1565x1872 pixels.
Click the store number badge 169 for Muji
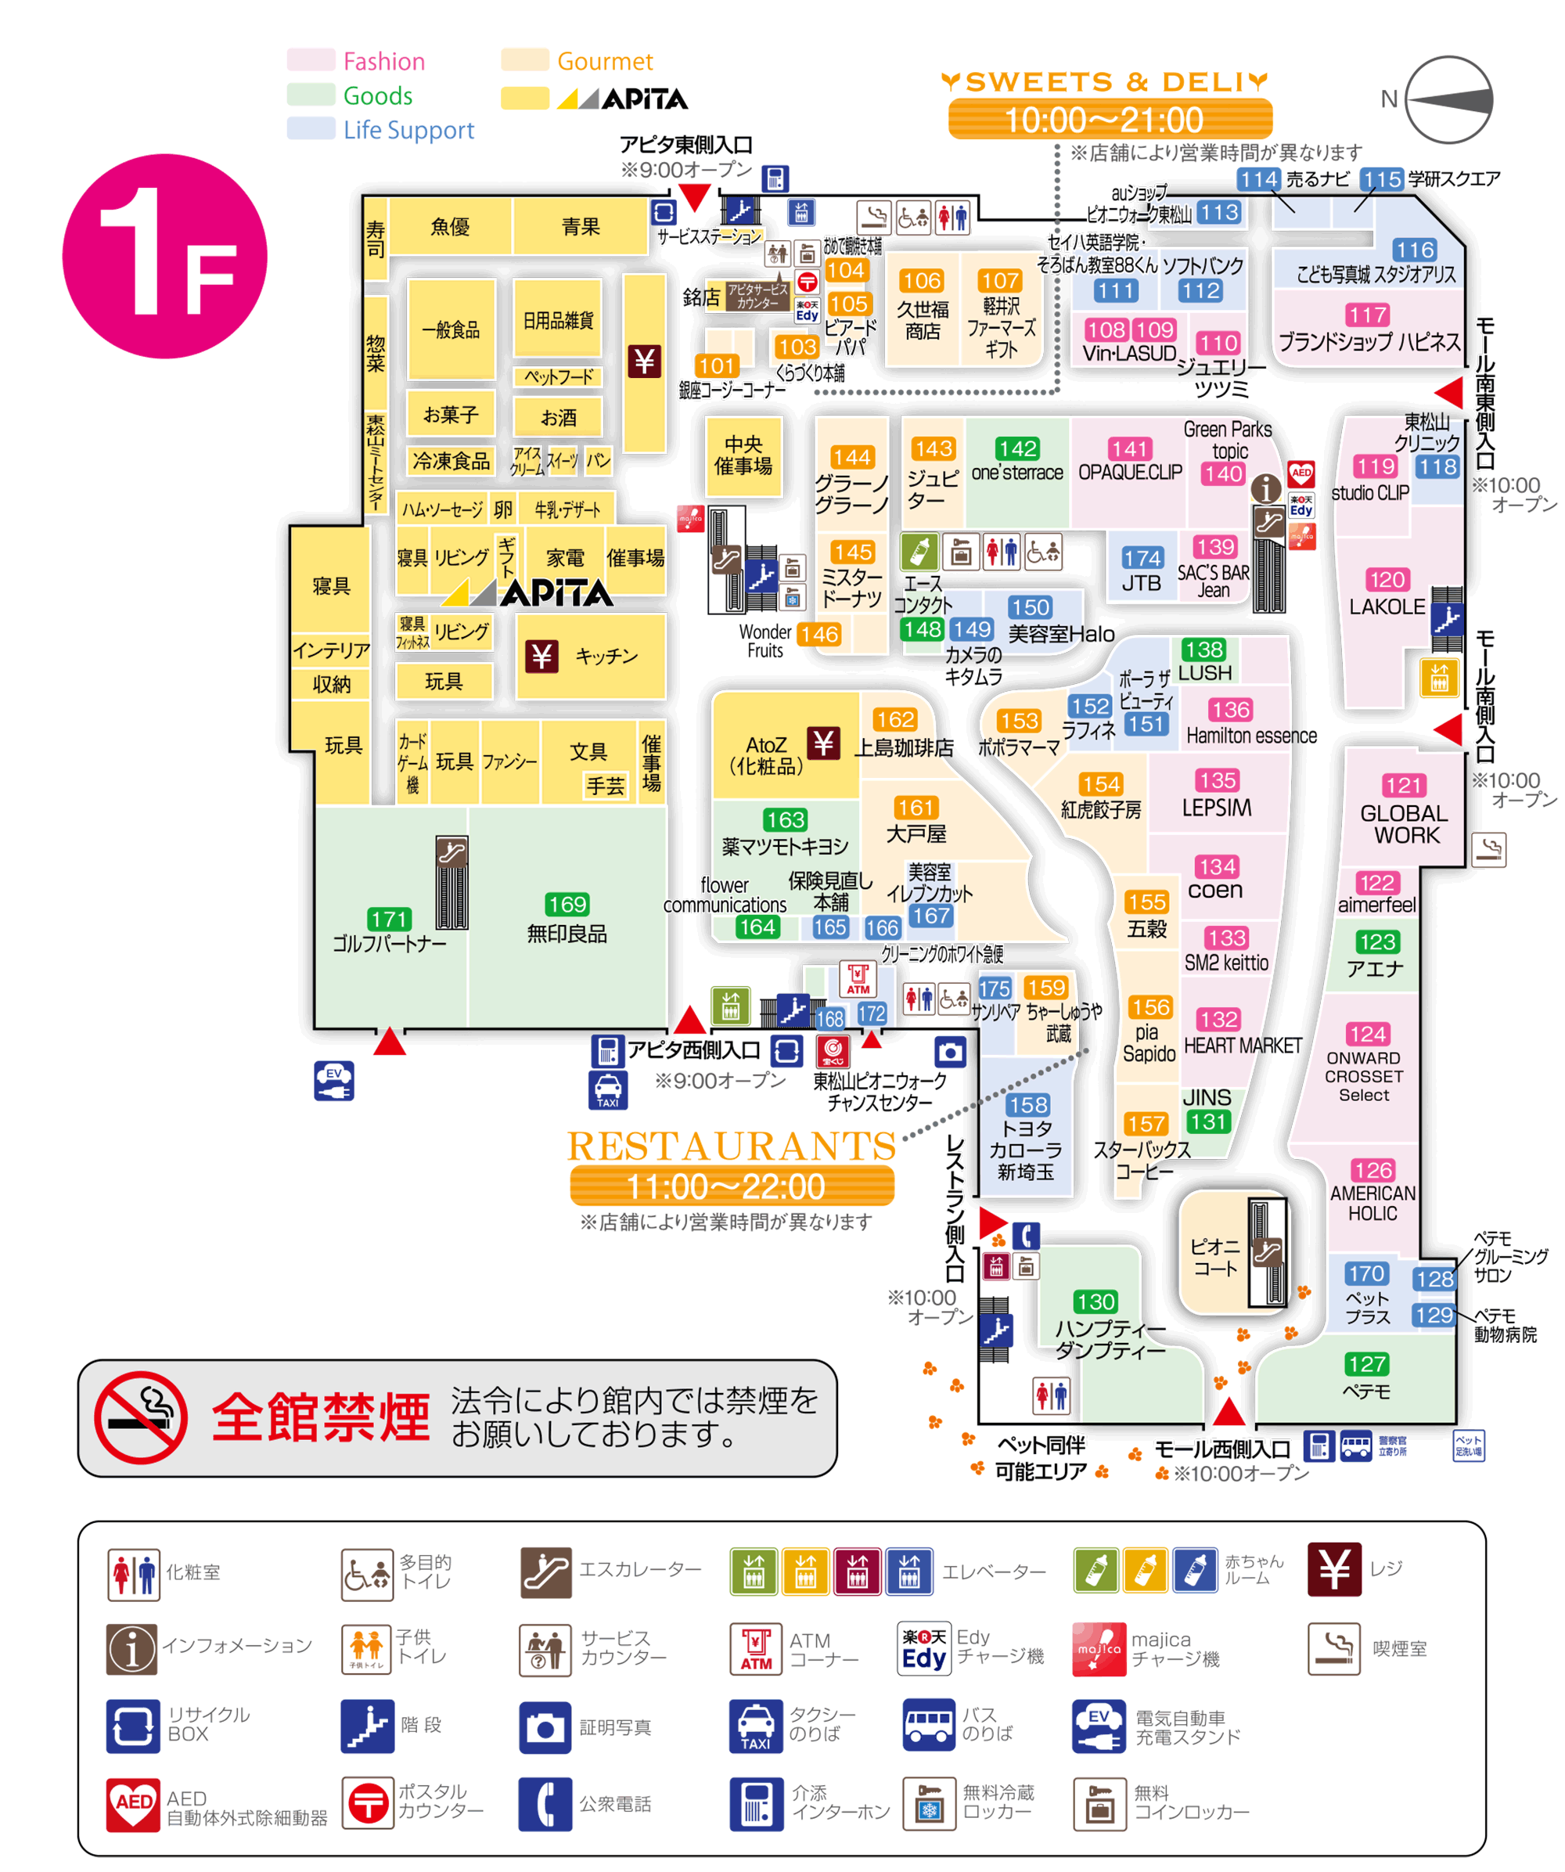[567, 904]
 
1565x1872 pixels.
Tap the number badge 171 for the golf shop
[389, 918]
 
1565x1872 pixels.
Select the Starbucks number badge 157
[1144, 1123]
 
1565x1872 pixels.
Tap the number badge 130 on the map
[1095, 1301]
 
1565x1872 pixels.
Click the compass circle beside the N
[1448, 99]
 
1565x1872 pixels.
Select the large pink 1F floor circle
[165, 257]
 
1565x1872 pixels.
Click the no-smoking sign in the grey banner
[141, 1417]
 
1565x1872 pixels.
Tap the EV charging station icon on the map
[333, 1081]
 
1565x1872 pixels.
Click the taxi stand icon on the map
[608, 1090]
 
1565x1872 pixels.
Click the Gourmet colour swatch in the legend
[524, 59]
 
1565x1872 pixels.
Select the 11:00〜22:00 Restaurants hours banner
[732, 1186]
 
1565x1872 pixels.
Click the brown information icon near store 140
[1265, 488]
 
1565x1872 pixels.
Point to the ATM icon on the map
[858, 979]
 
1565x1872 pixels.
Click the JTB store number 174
[1142, 558]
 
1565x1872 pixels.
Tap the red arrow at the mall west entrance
[1228, 1412]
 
